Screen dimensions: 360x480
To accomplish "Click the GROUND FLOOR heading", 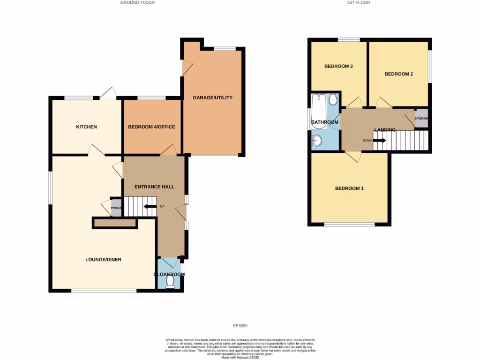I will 137,2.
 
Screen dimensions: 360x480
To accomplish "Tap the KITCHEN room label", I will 87,127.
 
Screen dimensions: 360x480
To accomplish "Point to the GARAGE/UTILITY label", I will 213,98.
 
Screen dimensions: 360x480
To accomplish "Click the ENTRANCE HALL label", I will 154,187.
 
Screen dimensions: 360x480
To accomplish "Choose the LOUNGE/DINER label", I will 103,259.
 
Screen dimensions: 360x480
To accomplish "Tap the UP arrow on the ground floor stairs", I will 150,207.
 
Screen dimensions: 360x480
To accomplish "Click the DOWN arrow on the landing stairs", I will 379,140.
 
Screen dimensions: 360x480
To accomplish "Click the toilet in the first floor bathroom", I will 333,99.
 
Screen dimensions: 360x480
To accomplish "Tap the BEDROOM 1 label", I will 349,188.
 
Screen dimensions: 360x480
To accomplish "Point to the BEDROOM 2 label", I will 398,74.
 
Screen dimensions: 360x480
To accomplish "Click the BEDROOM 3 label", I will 338,66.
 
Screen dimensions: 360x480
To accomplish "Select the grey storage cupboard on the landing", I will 421,119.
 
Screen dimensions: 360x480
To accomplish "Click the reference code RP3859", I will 240,326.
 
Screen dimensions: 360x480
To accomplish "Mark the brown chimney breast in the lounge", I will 115,224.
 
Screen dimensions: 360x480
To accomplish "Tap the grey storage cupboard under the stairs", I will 116,208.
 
